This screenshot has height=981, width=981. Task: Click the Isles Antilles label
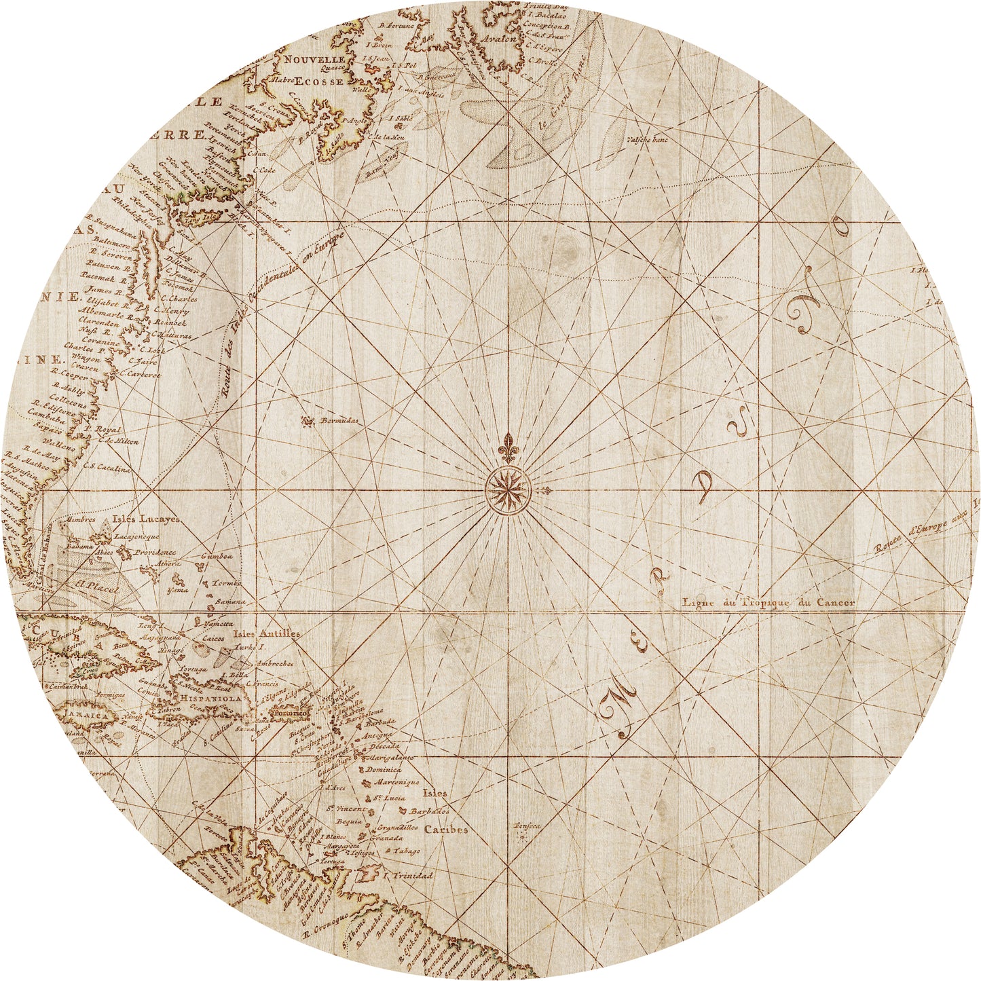[x=266, y=633]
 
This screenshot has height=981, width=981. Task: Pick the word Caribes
[x=446, y=830]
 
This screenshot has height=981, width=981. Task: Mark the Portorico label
[x=289, y=714]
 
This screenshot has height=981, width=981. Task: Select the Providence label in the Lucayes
[x=154, y=553]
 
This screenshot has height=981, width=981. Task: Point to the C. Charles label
[x=179, y=298]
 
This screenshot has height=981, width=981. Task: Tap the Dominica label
[x=384, y=770]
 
